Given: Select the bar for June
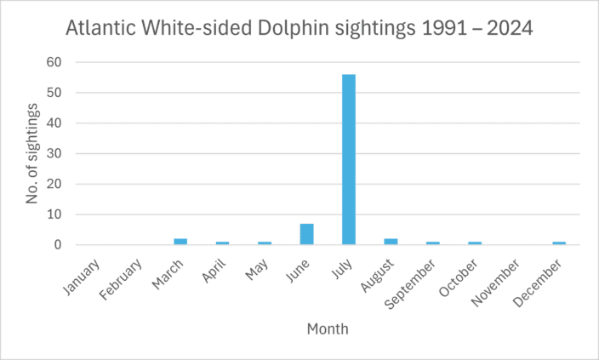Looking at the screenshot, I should point(306,235).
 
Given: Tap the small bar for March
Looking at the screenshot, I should point(180,242).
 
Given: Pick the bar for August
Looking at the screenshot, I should point(391,242).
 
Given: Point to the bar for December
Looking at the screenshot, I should point(558,243).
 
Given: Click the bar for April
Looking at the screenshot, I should point(222,243).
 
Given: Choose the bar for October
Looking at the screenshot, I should point(474,243).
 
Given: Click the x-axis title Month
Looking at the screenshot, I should point(327,329).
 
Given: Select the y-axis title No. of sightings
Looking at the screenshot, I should point(32,153).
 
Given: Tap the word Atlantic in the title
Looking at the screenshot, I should point(100,28).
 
